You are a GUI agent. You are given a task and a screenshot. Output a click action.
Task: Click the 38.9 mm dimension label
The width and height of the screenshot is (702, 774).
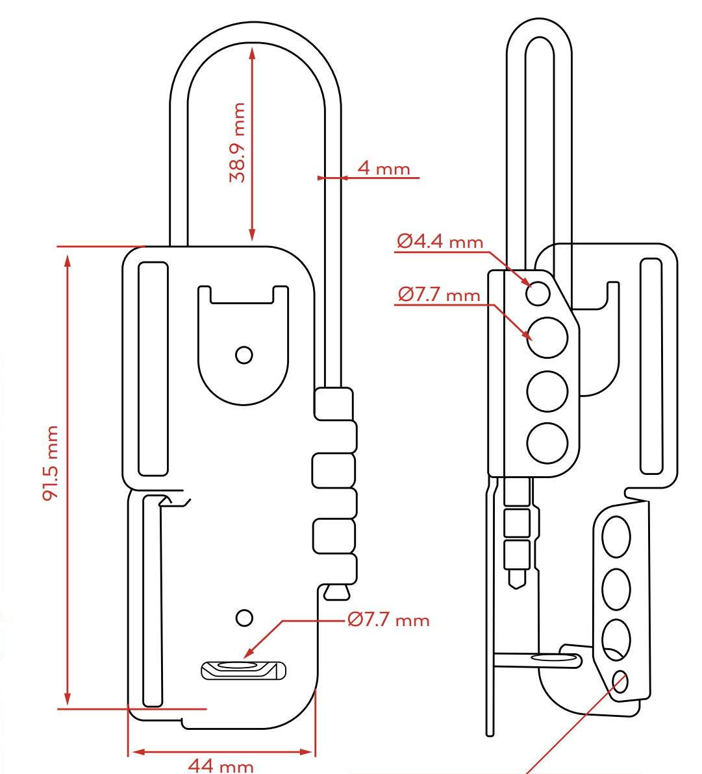coord(238,143)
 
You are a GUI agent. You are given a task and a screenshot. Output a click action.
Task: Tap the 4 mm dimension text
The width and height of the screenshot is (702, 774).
coord(384,169)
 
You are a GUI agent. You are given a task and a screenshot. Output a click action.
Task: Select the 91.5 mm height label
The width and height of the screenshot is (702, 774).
coord(51,463)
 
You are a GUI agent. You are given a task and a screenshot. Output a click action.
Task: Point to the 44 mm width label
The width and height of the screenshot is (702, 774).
coord(221,766)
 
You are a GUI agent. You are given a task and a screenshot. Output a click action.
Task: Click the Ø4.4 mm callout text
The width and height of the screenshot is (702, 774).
coord(440,242)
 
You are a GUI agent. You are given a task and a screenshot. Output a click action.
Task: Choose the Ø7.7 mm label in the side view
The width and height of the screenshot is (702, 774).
coord(439,295)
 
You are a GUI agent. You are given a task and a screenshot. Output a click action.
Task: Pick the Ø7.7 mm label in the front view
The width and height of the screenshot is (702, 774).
coord(388,620)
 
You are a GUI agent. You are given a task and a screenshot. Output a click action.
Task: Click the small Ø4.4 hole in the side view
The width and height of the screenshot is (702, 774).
coord(538,294)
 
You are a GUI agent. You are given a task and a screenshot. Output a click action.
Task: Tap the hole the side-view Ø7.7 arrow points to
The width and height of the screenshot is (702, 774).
coord(547,337)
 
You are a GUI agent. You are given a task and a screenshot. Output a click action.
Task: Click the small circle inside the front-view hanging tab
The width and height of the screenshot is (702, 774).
coord(244,355)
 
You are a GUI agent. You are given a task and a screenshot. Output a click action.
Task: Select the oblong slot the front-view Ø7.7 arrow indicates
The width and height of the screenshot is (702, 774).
coord(244,669)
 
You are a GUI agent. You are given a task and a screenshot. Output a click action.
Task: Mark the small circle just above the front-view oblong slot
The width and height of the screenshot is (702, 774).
coord(244,618)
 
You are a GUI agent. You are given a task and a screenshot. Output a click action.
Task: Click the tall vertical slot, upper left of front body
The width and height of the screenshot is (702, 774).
coord(153,369)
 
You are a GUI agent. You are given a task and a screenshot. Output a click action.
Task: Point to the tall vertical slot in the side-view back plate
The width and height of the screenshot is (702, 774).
coord(651,366)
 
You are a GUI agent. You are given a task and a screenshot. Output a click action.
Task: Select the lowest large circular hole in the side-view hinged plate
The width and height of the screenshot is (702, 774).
coord(547,443)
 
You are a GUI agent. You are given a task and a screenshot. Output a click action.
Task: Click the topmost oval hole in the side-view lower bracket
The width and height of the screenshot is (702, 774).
coord(616,537)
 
